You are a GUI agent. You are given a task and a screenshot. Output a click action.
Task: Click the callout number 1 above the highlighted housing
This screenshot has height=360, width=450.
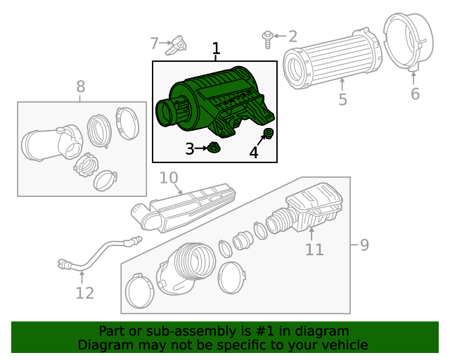point(217,49)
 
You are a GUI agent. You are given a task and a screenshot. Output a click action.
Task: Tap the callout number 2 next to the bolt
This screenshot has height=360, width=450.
point(292,36)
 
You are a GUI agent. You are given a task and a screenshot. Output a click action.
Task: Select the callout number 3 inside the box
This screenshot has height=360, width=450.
point(189,148)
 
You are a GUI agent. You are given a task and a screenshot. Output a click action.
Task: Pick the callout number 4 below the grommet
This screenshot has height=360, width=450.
point(253,153)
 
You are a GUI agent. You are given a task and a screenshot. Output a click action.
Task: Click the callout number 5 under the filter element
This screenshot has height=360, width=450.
point(342,100)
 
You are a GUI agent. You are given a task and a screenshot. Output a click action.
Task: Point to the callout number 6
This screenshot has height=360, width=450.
point(415,94)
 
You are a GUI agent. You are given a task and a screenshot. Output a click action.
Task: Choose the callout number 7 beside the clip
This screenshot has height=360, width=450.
point(155,44)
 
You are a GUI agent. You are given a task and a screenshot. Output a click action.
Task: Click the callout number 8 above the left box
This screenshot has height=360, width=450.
point(81,86)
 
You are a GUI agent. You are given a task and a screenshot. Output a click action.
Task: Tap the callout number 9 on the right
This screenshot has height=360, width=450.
point(364,245)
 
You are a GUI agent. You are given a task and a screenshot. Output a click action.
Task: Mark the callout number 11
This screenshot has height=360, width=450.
point(314,249)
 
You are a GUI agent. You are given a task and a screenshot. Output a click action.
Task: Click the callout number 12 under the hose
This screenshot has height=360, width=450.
point(84,293)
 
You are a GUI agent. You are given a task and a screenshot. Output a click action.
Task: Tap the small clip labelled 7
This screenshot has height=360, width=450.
point(179,46)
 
